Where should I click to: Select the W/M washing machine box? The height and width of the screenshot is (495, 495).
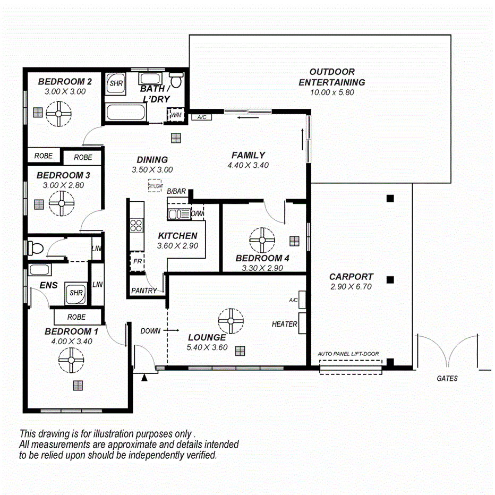click(x=175, y=115)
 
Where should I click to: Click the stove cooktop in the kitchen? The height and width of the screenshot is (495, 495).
click(x=136, y=225)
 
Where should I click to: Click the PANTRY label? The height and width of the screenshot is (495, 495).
click(x=144, y=291)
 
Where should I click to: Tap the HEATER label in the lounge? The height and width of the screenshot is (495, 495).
click(x=284, y=323)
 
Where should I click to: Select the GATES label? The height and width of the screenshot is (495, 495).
click(x=447, y=379)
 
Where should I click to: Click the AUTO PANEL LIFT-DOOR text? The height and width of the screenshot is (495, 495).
click(x=348, y=353)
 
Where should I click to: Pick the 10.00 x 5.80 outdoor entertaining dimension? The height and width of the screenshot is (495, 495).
click(x=332, y=92)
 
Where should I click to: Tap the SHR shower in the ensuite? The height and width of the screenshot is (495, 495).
click(x=76, y=293)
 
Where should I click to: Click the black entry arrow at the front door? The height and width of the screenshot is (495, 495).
click(x=144, y=378)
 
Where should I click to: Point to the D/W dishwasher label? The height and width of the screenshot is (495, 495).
click(x=197, y=214)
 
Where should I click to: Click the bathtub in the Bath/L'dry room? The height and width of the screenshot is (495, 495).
click(x=125, y=113)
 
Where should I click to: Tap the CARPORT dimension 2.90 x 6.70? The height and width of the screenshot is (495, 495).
click(x=351, y=287)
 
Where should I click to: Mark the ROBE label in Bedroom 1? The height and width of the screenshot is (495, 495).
click(x=76, y=317)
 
